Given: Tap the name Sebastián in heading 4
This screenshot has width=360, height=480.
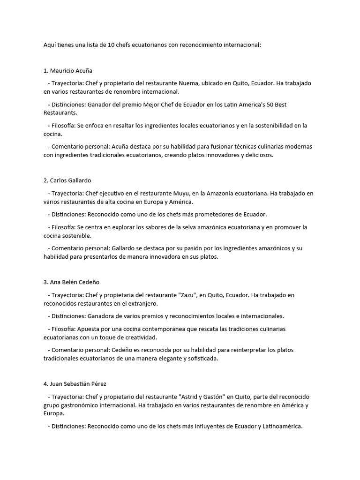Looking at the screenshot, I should coord(76,384).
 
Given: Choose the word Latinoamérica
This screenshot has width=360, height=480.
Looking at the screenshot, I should coord(280,426).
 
